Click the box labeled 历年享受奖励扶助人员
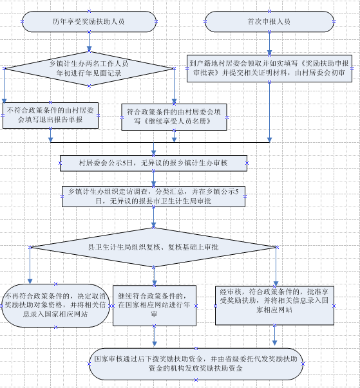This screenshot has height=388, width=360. point(89,21)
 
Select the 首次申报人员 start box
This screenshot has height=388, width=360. point(269,21)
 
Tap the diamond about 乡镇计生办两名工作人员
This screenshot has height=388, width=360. point(89,69)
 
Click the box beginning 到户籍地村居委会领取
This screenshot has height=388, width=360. point(269,69)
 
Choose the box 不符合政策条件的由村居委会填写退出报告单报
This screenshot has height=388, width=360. point(50,116)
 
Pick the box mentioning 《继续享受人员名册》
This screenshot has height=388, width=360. point(174,117)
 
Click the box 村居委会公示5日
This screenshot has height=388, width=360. point(153,163)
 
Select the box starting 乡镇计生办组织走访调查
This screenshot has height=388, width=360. point(153,196)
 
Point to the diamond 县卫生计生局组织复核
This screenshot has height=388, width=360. point(153,247)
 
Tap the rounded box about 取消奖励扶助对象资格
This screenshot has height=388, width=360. point(55,306)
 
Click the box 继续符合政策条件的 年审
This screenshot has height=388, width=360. point(155,306)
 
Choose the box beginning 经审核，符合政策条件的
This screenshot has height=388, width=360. point(274,306)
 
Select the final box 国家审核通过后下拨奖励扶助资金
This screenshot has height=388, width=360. point(196,364)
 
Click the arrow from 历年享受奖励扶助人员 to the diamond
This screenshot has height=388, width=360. point(89,42)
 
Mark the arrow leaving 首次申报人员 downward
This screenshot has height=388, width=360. point(269,44)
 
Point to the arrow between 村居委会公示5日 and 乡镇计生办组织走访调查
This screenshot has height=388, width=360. point(153,178)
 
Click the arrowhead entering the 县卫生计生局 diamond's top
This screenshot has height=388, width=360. point(153,225)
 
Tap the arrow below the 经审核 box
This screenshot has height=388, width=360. point(274,335)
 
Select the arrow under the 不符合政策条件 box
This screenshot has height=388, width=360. point(50,135)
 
